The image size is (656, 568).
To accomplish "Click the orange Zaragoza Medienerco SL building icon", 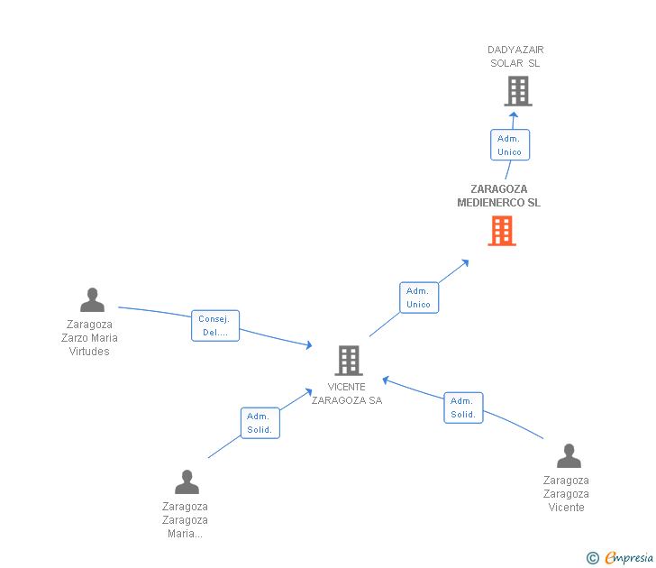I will (502, 231).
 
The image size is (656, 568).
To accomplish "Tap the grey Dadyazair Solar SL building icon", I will (517, 91).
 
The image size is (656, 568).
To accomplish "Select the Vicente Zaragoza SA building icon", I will (349, 361).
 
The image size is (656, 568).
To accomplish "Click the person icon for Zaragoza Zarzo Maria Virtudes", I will (92, 300).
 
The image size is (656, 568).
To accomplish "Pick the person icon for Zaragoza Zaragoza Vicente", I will (569, 456).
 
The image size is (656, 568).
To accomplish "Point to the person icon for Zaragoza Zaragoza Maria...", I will (187, 482).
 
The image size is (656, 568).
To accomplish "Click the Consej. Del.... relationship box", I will (215, 325).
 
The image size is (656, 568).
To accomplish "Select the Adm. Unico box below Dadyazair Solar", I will (510, 145).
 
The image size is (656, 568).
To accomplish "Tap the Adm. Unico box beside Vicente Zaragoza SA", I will (418, 298).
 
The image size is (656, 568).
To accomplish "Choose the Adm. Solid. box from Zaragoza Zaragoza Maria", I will (260, 423).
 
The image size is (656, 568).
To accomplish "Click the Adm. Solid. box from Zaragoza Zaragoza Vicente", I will (463, 408).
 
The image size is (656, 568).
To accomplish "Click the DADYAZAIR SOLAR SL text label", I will (515, 57).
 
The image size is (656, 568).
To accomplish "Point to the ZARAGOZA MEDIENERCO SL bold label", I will (498, 196).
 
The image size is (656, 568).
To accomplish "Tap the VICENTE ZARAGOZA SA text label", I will (347, 394).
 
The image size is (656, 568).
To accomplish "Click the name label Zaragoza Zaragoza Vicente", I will (566, 494).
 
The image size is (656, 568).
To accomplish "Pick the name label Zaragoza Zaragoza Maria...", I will (185, 520).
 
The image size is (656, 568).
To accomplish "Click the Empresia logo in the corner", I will (628, 558).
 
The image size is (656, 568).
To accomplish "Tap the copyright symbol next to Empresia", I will (593, 558).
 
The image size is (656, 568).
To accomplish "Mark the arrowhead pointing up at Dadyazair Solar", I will (514, 115).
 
